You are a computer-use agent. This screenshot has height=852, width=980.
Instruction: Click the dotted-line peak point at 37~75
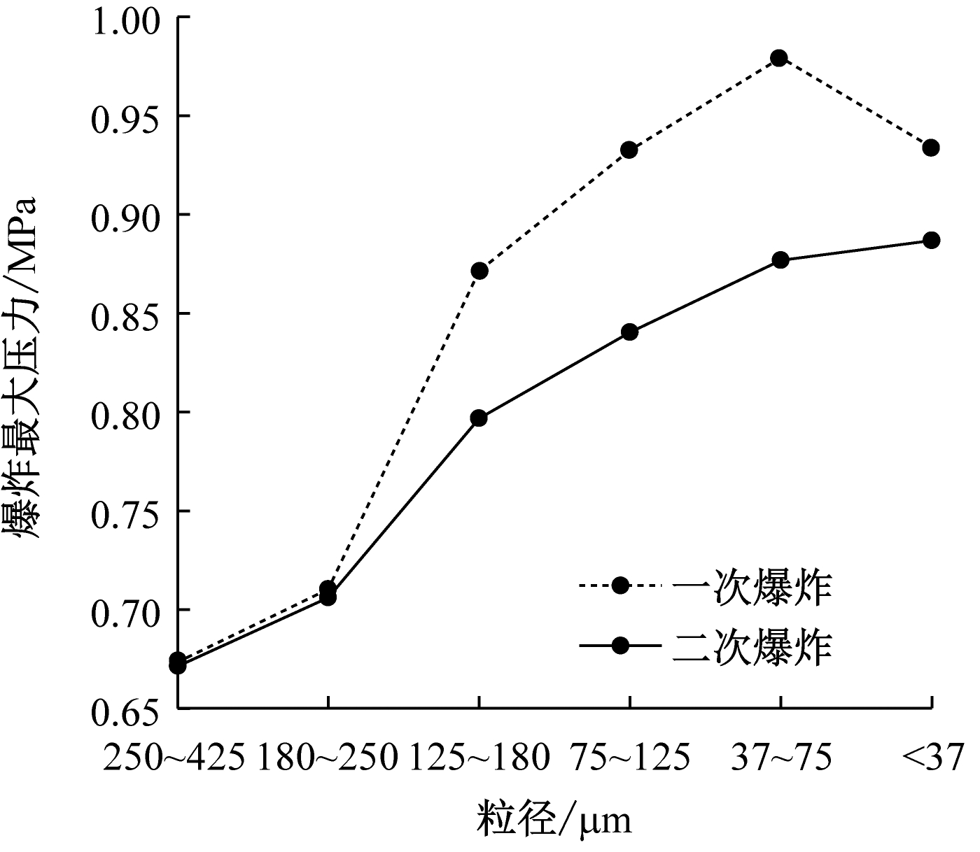[x=779, y=58]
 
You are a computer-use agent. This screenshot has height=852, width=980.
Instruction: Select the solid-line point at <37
[x=930, y=241]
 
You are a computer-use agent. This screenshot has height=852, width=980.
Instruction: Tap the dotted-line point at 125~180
[x=479, y=271]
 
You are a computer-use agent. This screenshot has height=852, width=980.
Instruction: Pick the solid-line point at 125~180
[x=479, y=418]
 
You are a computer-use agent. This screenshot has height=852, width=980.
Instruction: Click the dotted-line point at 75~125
[x=629, y=150]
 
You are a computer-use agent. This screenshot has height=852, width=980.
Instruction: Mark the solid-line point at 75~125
[x=629, y=332]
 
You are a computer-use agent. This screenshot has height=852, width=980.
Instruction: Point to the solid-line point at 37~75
[x=780, y=260]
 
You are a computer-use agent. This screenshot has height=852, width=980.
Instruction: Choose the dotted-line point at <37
[x=930, y=148]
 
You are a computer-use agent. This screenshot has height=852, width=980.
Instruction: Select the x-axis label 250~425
[x=175, y=758]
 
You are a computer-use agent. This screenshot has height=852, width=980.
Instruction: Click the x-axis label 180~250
[x=328, y=758]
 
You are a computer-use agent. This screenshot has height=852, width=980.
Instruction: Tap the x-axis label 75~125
[x=629, y=758]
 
